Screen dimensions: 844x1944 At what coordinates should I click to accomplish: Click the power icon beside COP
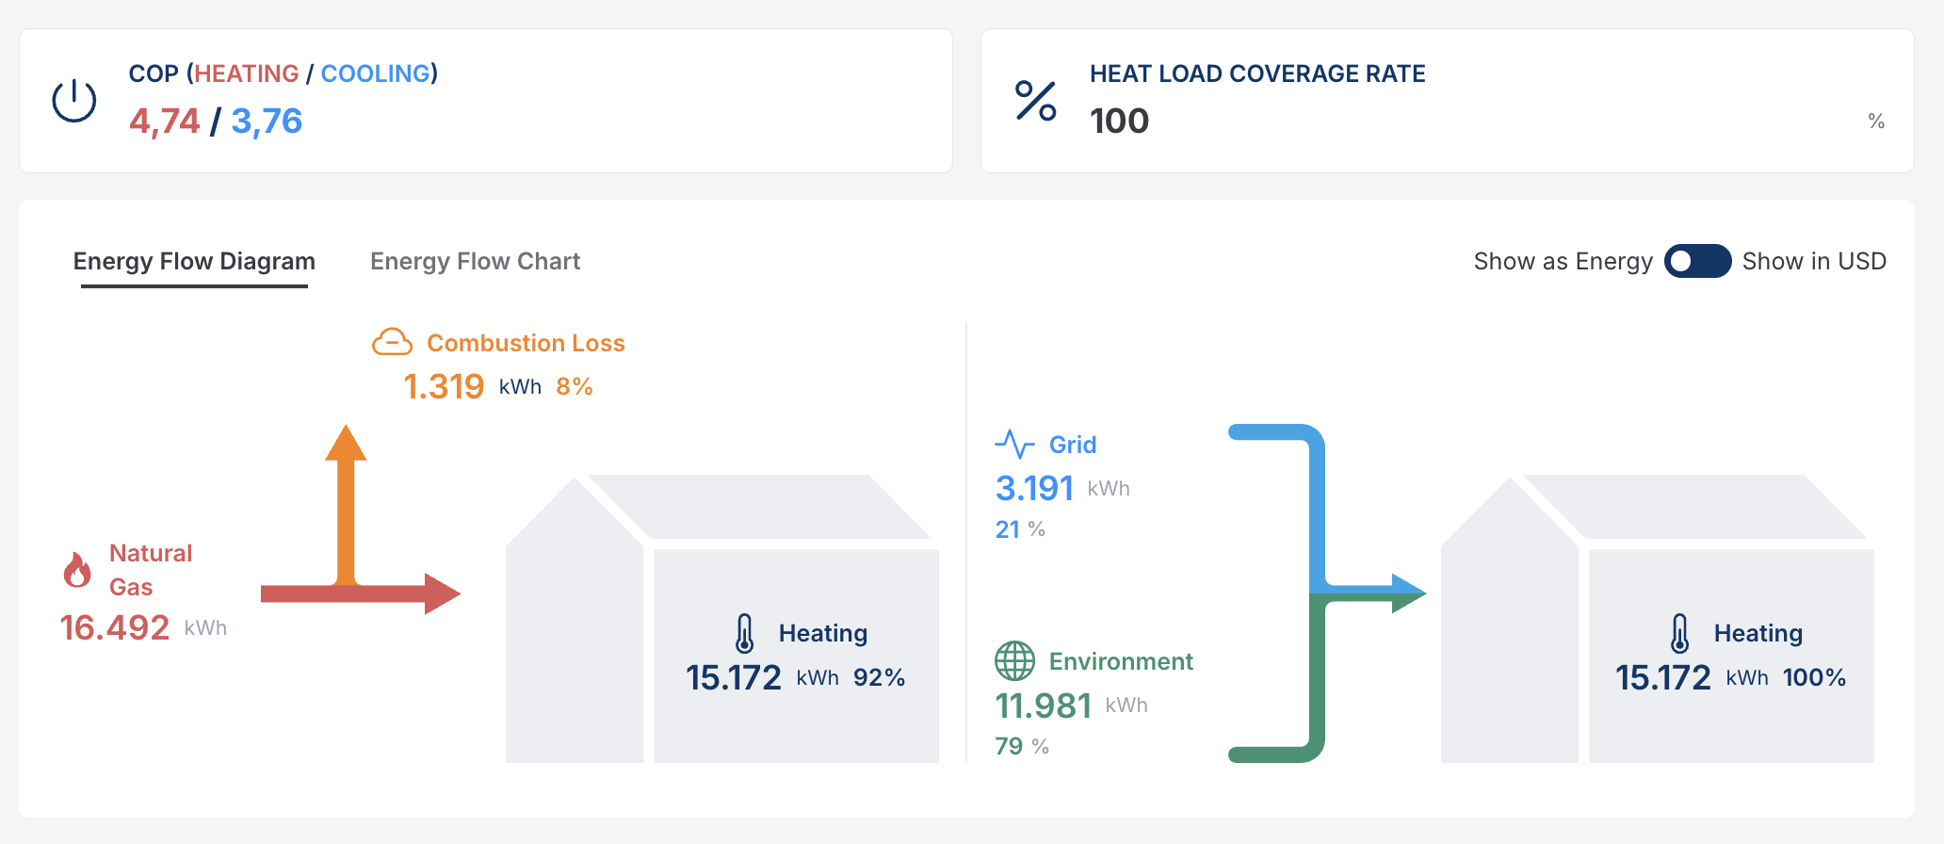[73, 101]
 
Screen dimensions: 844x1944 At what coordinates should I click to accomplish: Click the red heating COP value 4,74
[165, 121]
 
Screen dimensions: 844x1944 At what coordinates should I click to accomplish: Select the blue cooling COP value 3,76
[267, 121]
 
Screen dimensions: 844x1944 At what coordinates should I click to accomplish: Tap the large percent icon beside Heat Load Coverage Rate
[1035, 101]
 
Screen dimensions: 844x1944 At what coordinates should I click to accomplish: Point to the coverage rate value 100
[1119, 121]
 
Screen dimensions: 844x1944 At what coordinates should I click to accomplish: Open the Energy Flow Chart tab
[475, 261]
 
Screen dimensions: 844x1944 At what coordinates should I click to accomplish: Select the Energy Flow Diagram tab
[194, 261]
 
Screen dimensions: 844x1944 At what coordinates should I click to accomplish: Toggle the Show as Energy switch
[1697, 261]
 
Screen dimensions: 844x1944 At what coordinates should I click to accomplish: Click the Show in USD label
[1814, 261]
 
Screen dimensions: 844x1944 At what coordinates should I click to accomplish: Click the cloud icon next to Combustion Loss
[392, 342]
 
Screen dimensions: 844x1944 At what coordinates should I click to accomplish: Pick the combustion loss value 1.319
[444, 386]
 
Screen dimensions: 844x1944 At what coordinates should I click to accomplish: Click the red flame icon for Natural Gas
[77, 570]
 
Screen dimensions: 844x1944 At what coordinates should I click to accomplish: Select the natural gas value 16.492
[115, 627]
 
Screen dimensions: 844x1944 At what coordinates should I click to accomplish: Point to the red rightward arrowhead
[441, 593]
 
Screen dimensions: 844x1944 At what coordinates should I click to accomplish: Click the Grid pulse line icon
[1014, 444]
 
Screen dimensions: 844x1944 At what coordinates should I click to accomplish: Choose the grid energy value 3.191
[1034, 488]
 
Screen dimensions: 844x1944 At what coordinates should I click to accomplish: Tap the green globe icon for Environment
[1014, 660]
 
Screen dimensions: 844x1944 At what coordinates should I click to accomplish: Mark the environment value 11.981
[1043, 705]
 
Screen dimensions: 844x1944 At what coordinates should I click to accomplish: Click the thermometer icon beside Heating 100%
[1679, 633]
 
